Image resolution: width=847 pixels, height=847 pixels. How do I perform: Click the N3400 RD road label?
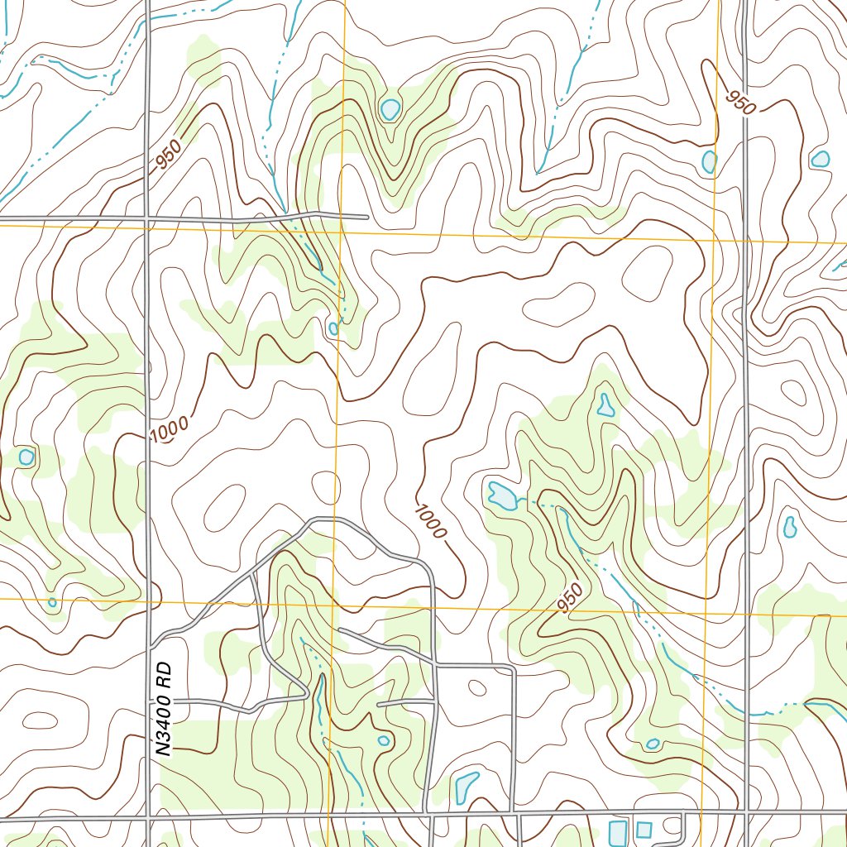pos(166,708)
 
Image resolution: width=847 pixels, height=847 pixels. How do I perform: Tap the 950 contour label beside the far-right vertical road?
pos(741,103)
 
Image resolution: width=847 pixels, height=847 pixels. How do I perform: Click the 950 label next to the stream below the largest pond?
pos(570,599)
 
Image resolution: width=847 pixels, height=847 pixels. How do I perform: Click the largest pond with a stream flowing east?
pos(500,495)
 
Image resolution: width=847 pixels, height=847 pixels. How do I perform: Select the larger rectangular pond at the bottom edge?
pos(618,832)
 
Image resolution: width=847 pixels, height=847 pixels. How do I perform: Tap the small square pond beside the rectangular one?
pos(644,829)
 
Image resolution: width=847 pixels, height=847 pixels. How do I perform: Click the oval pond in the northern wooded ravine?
pos(390,108)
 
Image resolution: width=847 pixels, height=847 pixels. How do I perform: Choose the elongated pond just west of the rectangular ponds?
pos(466,787)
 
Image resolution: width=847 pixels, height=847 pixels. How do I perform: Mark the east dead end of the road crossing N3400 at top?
pos(366,218)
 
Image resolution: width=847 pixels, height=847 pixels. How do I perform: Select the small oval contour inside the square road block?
pos(477,687)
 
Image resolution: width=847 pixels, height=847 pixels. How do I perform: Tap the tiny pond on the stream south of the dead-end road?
pos(333,328)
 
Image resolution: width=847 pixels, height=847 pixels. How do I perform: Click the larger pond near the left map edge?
pos(26,457)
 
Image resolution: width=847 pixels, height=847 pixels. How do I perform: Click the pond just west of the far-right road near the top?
pos(709,161)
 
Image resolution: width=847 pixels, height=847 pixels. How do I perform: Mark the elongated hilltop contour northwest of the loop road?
pos(223,505)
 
